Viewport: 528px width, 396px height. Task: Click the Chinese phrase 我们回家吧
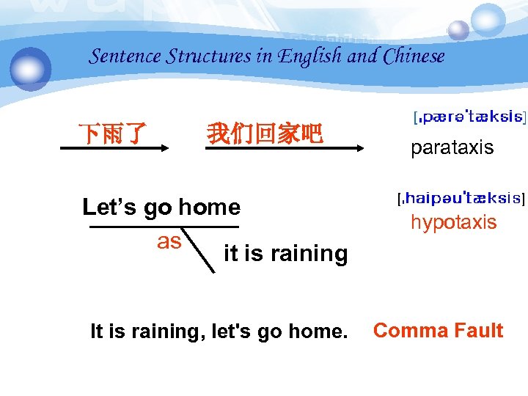click(264, 134)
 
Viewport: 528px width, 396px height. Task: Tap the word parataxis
click(452, 148)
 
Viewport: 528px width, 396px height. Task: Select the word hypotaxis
click(453, 223)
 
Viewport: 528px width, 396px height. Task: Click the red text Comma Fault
click(438, 331)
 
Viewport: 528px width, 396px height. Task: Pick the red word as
click(169, 241)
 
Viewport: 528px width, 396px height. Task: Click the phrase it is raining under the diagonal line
click(285, 254)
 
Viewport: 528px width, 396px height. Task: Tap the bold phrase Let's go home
click(161, 208)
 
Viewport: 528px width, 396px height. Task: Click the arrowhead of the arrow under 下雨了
click(165, 148)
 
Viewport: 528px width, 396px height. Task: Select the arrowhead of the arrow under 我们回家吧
click(359, 148)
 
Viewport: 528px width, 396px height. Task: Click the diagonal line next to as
click(201, 252)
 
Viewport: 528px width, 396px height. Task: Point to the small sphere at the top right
click(458, 30)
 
